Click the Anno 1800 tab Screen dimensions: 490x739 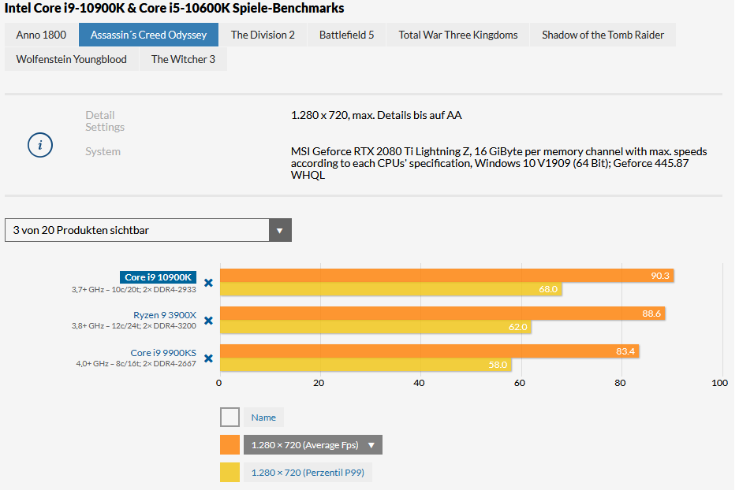tap(41, 35)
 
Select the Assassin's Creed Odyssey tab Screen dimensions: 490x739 tap(148, 35)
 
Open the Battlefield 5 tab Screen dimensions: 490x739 tap(346, 35)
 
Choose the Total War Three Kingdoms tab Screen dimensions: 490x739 tap(458, 35)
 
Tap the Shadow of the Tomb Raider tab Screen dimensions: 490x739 tap(603, 35)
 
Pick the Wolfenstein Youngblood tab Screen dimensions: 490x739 tap(72, 59)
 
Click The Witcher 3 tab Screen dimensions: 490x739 tap(183, 59)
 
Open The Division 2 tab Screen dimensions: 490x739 tap(263, 35)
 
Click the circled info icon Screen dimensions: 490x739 tap(40, 145)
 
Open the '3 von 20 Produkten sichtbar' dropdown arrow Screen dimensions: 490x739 tap(280, 230)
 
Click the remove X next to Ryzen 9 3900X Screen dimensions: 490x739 tap(208, 321)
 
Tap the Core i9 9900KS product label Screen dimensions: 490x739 tap(163, 353)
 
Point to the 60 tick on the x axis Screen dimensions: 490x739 tap(520, 383)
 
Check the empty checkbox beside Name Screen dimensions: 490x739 tap(230, 418)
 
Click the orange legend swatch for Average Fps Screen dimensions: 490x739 tap(230, 445)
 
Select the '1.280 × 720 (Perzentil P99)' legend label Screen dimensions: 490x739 tap(308, 473)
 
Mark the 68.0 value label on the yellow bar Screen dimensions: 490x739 tap(548, 289)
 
